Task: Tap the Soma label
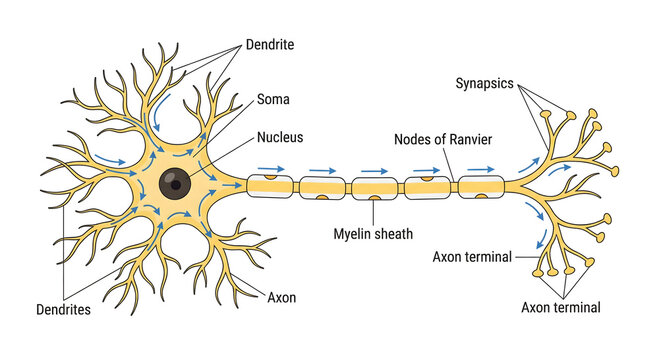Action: tap(275, 99)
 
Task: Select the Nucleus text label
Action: tap(282, 136)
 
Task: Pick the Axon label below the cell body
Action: tap(281, 297)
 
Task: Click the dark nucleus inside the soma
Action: tap(175, 183)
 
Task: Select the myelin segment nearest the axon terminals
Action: tap(482, 186)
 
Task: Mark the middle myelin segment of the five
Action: tap(375, 186)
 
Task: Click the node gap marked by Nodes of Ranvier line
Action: tap(456, 186)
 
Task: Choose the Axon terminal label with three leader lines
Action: tap(561, 307)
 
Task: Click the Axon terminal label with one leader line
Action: tap(472, 257)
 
